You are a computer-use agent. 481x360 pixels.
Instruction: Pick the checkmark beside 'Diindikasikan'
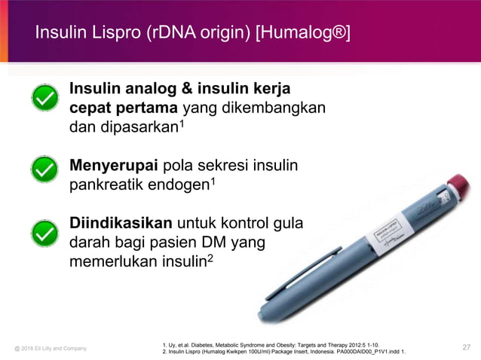pos(45,231)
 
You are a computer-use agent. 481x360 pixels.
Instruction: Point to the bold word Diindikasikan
pos(121,224)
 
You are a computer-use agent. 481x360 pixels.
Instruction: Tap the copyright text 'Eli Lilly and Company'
pos(58,348)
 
